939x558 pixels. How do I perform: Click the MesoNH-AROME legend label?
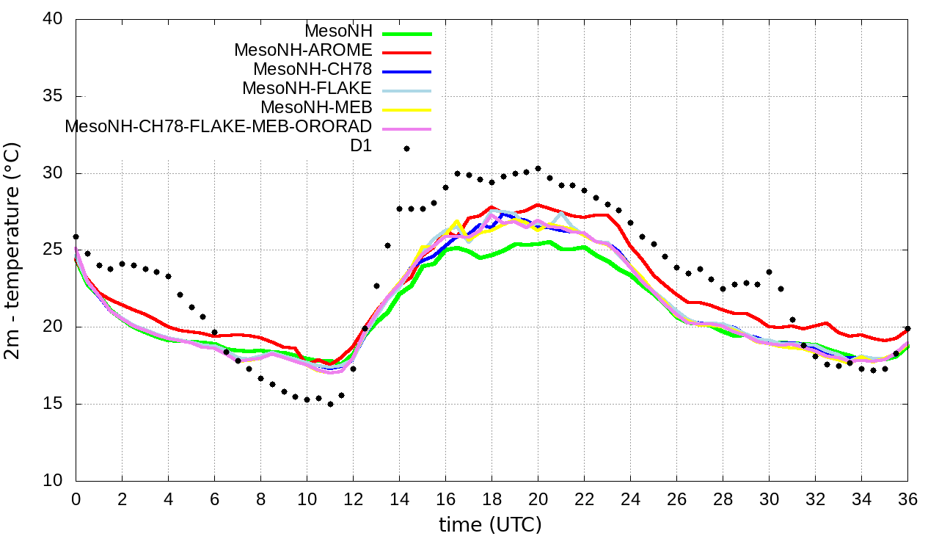pyautogui.click(x=303, y=51)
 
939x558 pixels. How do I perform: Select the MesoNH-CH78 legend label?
pyautogui.click(x=313, y=70)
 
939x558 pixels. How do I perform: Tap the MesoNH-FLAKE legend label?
pyautogui.click(x=307, y=89)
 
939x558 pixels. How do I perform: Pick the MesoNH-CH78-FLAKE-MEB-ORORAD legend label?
pyautogui.click(x=219, y=126)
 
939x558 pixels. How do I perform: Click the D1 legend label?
pyautogui.click(x=360, y=146)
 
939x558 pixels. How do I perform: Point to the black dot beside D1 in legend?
pyautogui.click(x=406, y=148)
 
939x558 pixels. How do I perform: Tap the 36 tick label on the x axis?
pyautogui.click(x=907, y=499)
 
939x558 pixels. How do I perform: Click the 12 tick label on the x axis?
pyautogui.click(x=353, y=499)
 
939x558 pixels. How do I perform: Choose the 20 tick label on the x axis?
pyautogui.click(x=538, y=499)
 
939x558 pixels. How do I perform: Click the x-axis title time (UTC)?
pyautogui.click(x=490, y=525)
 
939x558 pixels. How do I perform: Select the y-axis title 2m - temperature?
pyautogui.click(x=13, y=250)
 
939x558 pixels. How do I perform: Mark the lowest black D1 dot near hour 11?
pyautogui.click(x=330, y=404)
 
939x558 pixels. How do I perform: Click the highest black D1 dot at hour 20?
pyautogui.click(x=538, y=169)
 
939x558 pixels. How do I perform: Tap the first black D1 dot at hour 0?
pyautogui.click(x=76, y=237)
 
